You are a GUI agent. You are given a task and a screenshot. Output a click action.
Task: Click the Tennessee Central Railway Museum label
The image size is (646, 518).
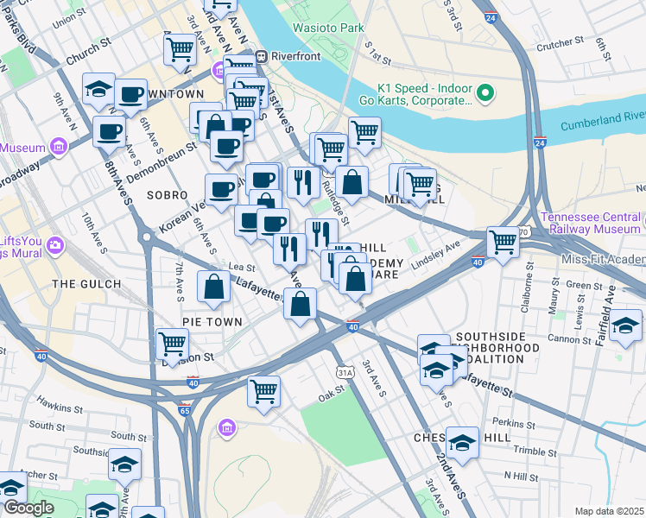[592, 223]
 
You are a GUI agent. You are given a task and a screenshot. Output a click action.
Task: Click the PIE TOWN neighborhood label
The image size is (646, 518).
[209, 321]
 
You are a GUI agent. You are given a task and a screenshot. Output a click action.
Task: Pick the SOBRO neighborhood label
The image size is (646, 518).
[167, 195]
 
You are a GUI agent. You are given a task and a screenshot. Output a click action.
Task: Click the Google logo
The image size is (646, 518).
[28, 508]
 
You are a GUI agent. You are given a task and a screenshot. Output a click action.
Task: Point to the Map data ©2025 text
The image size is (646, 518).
[608, 511]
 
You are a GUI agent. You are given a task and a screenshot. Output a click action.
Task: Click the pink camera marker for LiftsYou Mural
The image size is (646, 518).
[55, 245]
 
